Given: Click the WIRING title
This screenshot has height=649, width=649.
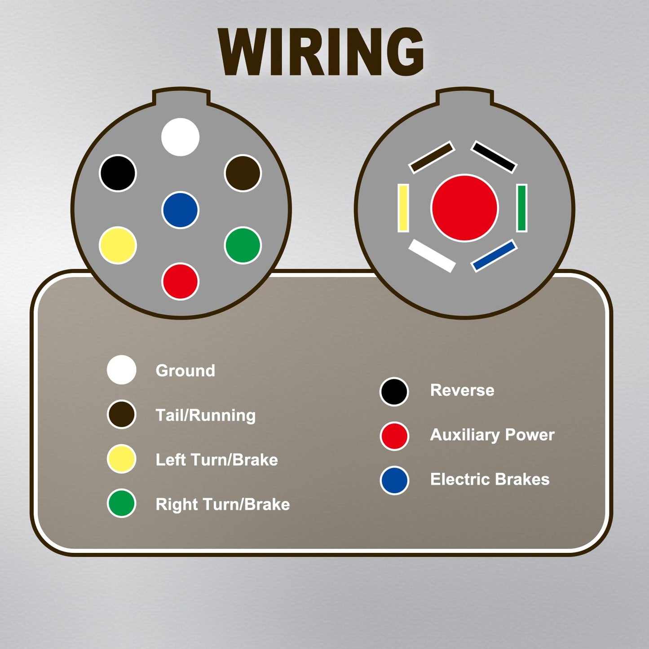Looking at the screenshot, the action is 321,52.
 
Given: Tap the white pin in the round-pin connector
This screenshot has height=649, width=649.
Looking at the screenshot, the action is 180,137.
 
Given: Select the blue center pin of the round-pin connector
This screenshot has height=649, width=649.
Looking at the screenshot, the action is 180,210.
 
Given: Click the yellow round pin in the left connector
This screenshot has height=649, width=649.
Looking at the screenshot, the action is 118,245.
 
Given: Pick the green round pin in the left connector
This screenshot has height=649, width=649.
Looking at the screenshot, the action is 243,245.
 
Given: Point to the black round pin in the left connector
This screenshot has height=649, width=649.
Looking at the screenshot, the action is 118,173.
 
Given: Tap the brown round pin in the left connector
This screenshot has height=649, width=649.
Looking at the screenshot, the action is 243,173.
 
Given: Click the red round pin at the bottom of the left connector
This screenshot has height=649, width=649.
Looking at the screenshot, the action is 180,281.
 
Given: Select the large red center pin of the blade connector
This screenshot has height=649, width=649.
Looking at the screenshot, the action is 464,208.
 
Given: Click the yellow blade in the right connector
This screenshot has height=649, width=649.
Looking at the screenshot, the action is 403,208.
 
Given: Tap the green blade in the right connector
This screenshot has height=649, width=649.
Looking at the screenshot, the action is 522,208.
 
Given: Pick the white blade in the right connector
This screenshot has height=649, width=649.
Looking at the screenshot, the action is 432,256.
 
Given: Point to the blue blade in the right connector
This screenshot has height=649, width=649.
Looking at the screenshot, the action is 494,256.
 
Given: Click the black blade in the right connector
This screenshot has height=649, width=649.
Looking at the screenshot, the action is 494,157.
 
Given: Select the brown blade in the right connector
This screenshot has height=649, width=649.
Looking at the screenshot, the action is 432,157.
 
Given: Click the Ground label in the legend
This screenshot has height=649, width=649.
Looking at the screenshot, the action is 185,371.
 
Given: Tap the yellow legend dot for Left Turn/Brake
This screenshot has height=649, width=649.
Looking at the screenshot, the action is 122,459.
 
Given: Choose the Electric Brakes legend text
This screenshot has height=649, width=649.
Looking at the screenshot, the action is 490,479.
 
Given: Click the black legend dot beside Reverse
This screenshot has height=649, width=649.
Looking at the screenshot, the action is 394,391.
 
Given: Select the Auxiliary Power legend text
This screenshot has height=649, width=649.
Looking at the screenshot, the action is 492,435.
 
